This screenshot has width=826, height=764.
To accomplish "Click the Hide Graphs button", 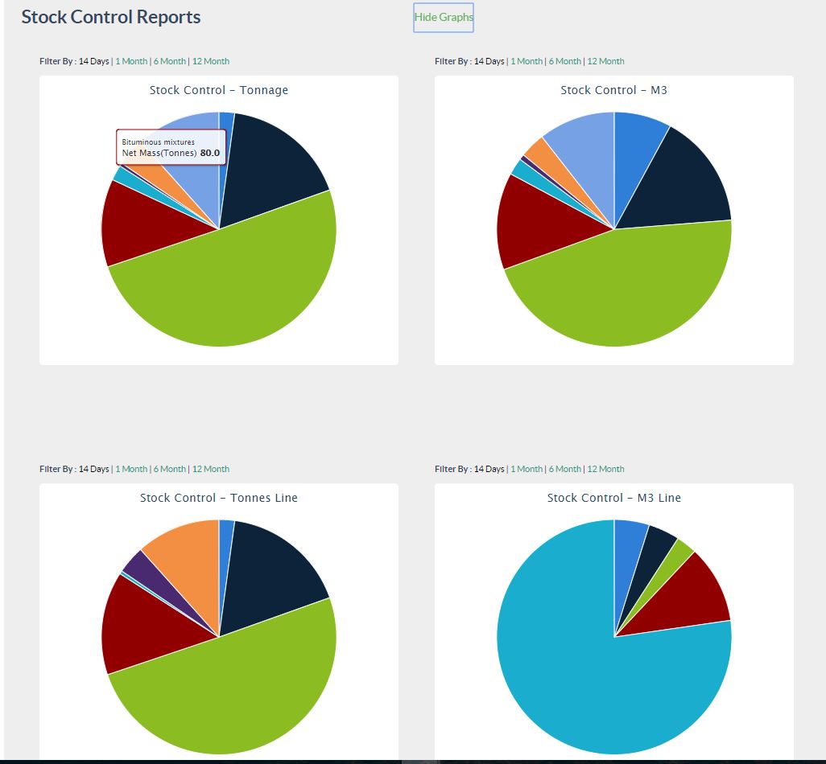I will tap(444, 17).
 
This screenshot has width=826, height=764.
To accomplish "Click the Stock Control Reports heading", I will tap(111, 17).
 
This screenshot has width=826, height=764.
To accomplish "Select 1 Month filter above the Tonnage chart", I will tap(131, 61).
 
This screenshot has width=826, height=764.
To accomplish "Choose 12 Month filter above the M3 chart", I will tap(605, 61).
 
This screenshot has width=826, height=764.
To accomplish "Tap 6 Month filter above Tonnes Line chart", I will tap(169, 469).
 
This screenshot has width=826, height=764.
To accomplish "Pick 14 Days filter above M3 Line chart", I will tap(489, 469).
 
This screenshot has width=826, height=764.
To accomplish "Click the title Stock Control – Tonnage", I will tap(218, 90).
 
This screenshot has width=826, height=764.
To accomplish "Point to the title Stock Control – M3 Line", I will tap(613, 498).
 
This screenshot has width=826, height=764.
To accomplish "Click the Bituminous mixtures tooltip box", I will tap(171, 147).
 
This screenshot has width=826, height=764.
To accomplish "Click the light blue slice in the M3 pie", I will tap(580, 145).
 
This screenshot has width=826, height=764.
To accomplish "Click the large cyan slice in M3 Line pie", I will tap(580, 667).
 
